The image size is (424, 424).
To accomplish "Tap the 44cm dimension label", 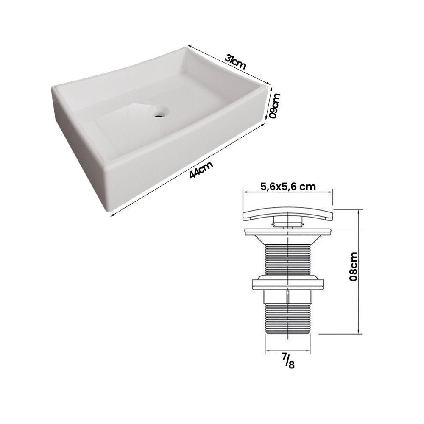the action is [x=201, y=169].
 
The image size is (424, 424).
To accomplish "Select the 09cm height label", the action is [x=276, y=106].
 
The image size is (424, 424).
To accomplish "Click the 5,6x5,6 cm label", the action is [x=288, y=186].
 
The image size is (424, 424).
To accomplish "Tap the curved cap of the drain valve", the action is [x=288, y=215].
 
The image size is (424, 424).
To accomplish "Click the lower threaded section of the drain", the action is [x=288, y=319].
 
